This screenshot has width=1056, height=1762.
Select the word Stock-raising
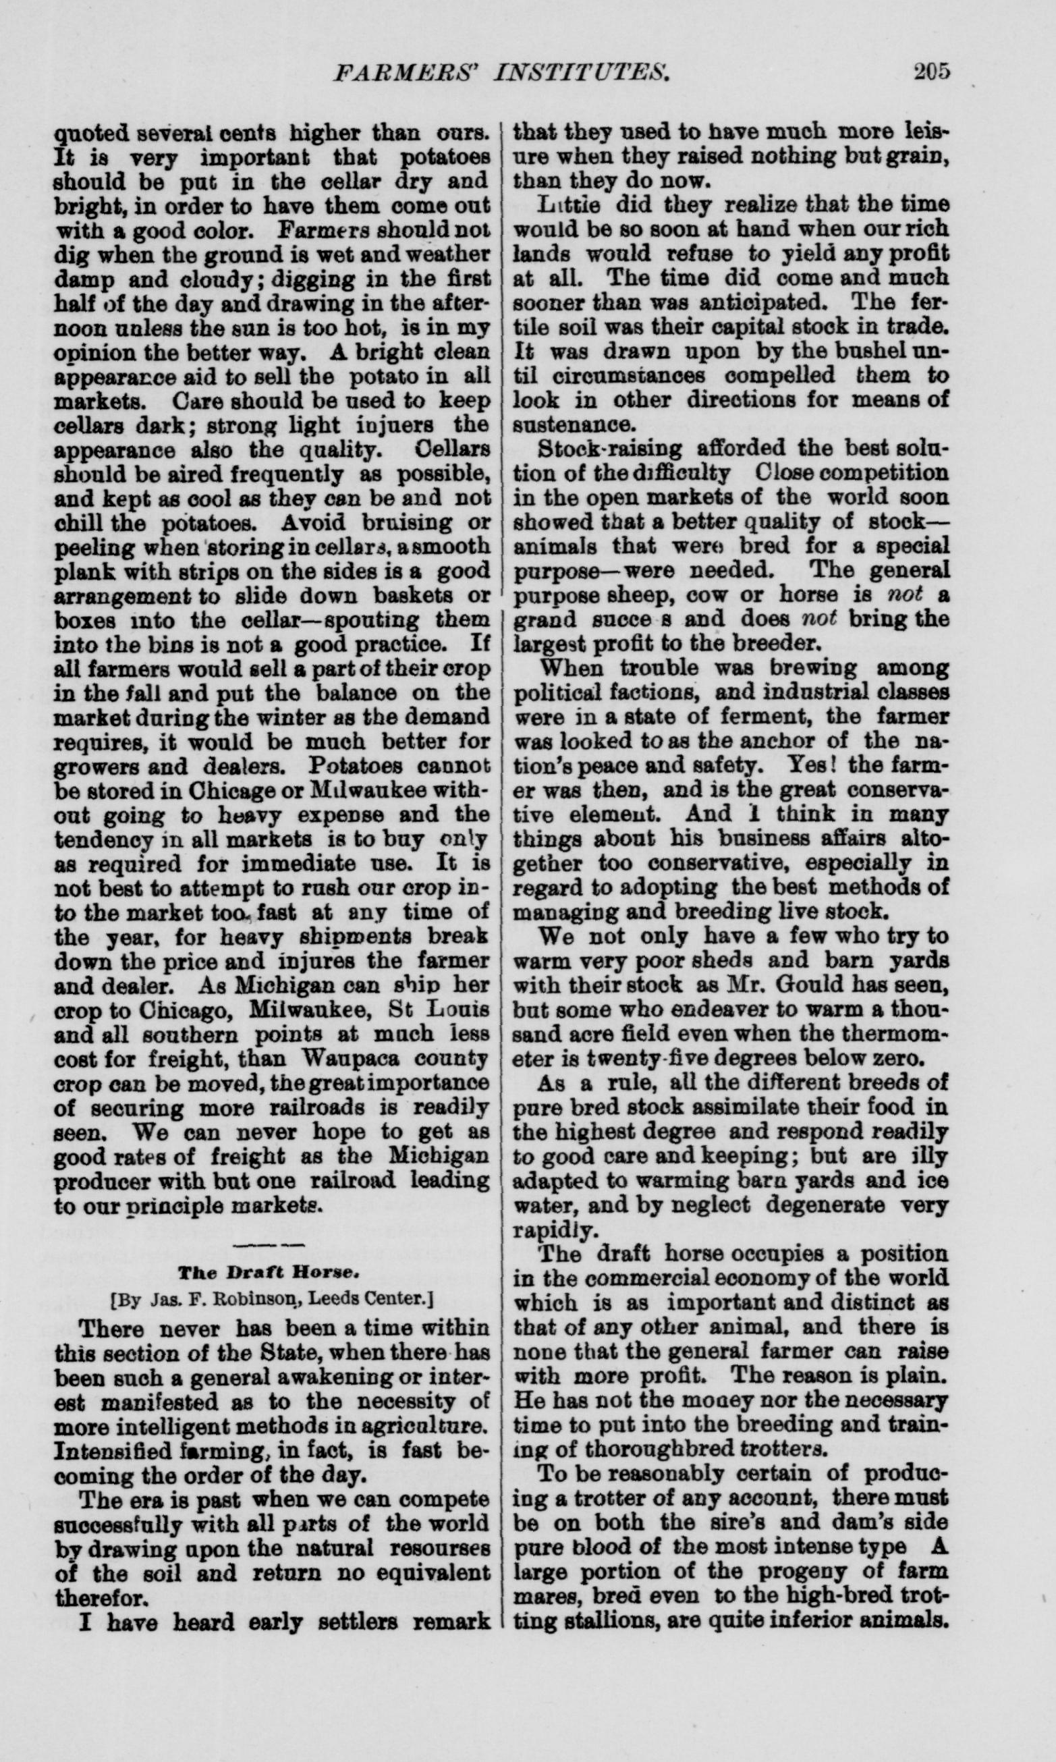click(609, 449)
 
